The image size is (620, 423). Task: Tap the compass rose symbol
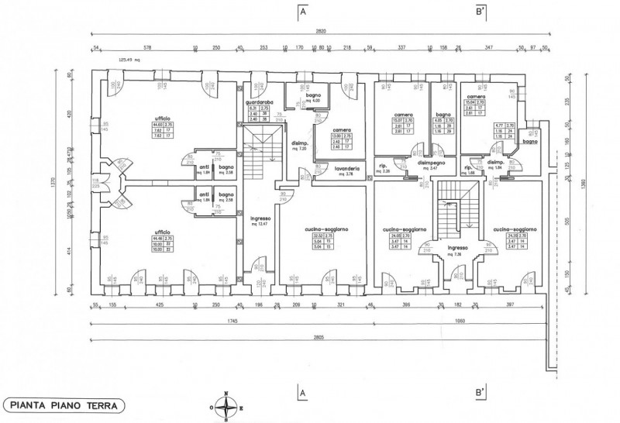[226, 404]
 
